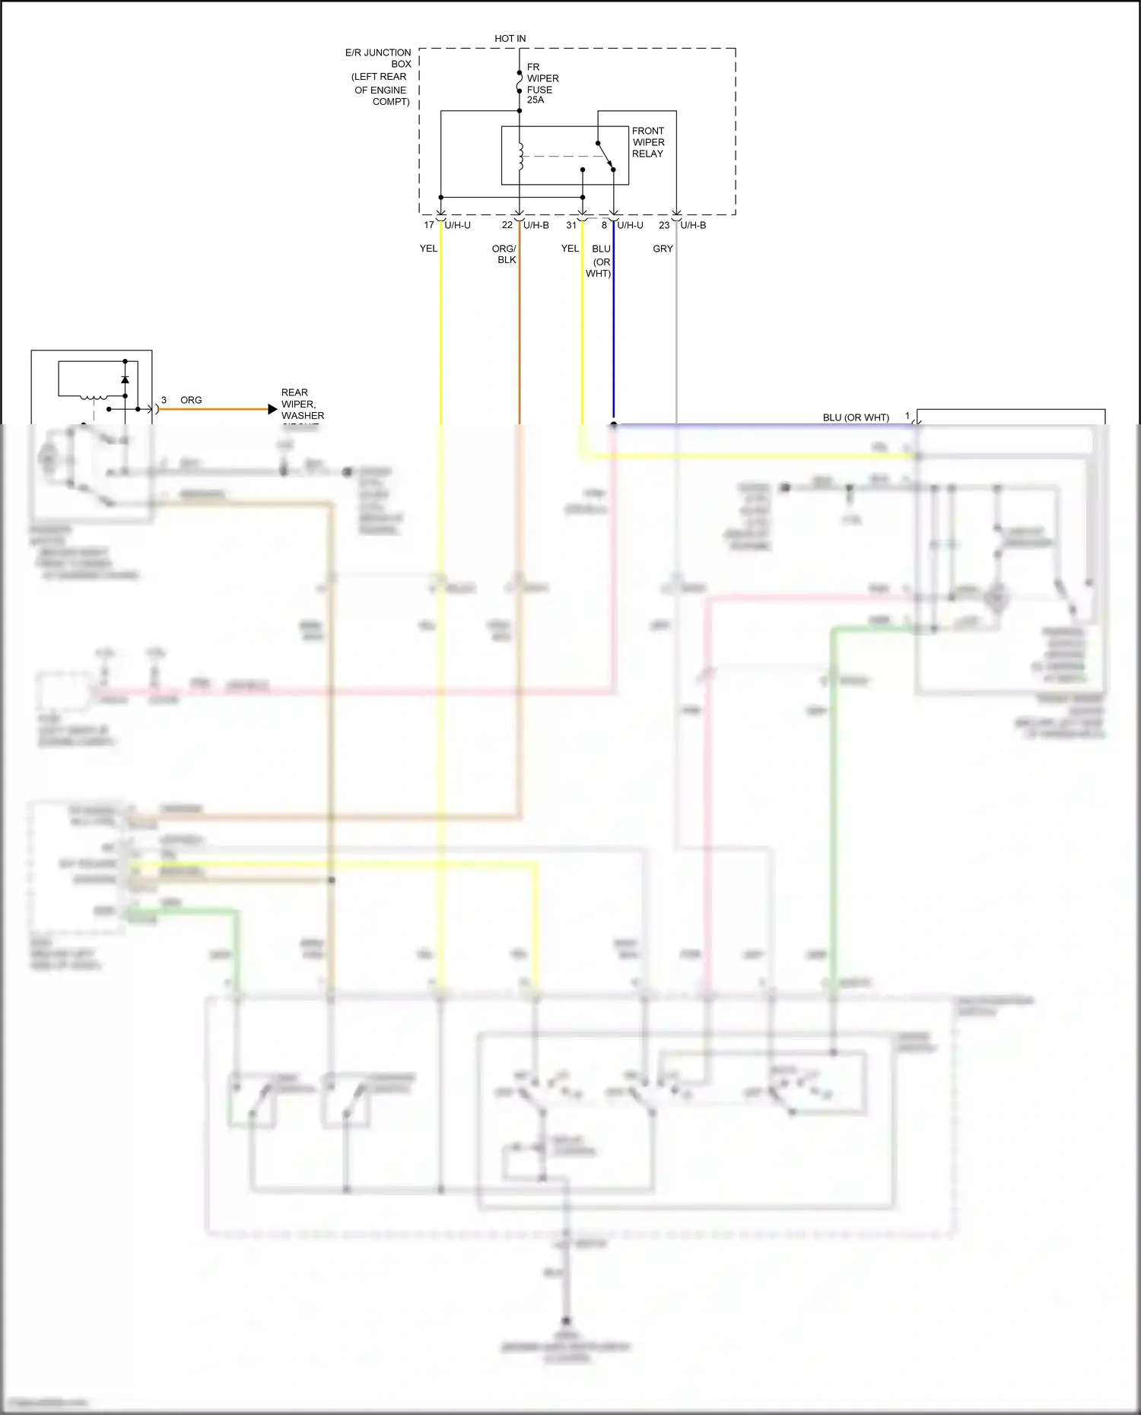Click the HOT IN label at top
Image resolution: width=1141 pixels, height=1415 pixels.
tap(510, 38)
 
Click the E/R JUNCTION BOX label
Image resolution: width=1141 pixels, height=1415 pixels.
tap(379, 59)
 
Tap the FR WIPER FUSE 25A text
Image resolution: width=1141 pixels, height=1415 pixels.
tap(542, 84)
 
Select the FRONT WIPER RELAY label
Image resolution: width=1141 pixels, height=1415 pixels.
tap(647, 142)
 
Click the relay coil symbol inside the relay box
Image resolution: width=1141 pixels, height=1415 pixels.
tap(521, 157)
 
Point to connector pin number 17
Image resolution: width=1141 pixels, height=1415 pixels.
tap(429, 225)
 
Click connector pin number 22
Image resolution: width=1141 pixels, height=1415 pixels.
tap(507, 225)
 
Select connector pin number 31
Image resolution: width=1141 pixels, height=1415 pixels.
tap(571, 225)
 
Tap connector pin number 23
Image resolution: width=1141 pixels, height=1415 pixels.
tap(664, 225)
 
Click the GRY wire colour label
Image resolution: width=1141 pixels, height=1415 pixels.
tap(663, 249)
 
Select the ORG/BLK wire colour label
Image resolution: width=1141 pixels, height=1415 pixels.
tap(504, 254)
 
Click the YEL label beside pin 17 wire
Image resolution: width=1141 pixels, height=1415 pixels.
tap(428, 249)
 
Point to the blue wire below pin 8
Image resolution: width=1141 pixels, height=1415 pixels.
tap(614, 342)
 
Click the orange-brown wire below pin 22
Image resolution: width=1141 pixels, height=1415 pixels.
tap(520, 342)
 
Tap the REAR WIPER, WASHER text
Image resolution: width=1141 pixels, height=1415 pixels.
tap(302, 405)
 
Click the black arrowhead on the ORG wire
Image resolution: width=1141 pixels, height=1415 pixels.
tap(272, 409)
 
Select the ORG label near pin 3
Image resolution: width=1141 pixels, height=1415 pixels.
tap(191, 400)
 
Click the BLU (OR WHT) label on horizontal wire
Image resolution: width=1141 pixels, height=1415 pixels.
tap(856, 417)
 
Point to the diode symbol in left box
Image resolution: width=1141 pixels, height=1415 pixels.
tap(126, 379)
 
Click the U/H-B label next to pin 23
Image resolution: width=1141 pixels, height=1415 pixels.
tap(693, 225)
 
